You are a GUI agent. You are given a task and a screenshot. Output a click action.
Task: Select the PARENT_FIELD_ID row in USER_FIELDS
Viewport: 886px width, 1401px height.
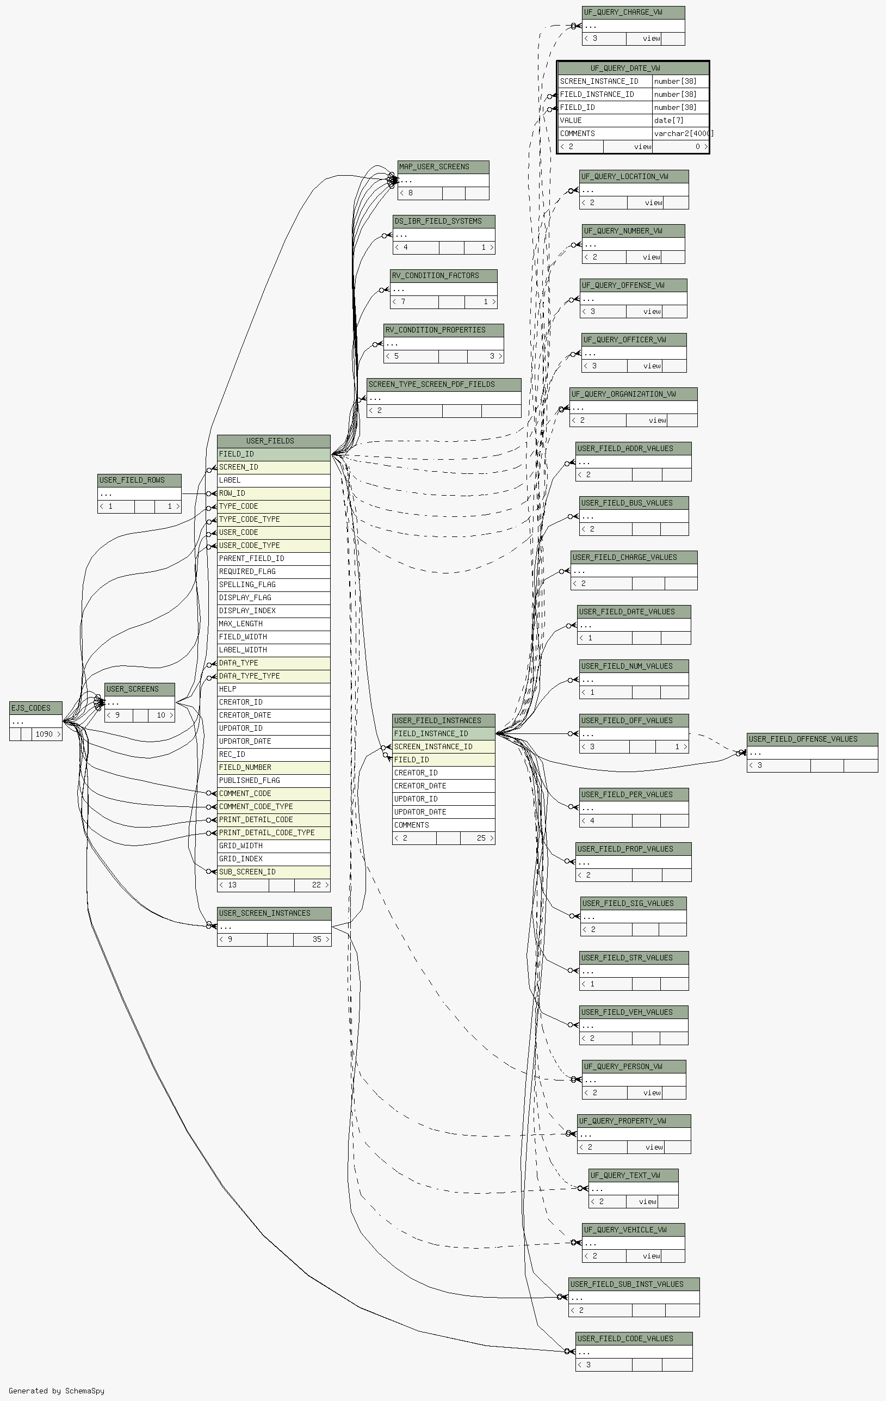(x=274, y=559)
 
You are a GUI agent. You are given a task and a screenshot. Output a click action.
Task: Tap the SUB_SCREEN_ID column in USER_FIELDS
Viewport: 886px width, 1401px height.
(x=274, y=872)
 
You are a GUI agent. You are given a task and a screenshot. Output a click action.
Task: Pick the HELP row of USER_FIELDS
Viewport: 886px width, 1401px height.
(x=274, y=689)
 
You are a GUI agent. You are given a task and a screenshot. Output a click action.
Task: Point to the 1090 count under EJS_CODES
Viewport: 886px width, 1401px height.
(x=44, y=735)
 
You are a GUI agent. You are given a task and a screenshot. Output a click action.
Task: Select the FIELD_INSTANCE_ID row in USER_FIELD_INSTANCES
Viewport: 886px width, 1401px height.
(x=444, y=733)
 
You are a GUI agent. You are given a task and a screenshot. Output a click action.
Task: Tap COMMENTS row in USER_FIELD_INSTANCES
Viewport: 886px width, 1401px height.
(x=444, y=825)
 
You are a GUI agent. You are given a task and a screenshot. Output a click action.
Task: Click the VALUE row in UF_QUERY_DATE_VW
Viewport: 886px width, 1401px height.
(x=605, y=120)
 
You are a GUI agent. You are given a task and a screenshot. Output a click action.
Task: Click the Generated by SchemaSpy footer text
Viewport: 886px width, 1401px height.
(x=57, y=1391)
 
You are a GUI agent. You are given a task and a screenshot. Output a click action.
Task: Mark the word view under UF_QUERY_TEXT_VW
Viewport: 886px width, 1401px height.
(x=647, y=1201)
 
